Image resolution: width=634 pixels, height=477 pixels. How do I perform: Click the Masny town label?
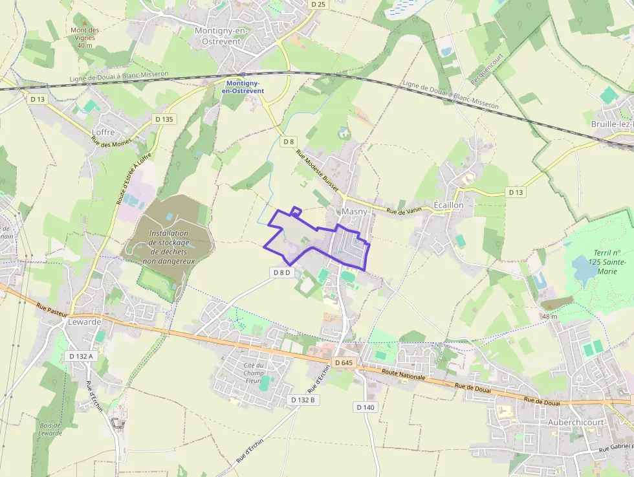[354, 212]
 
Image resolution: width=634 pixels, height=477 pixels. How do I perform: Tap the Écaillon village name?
[448, 205]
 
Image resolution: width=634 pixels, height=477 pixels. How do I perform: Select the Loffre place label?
[104, 132]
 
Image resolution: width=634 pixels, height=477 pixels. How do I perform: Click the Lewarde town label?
[85, 322]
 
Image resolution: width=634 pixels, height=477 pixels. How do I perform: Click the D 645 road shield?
[344, 362]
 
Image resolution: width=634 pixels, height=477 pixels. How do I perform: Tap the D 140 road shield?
[366, 407]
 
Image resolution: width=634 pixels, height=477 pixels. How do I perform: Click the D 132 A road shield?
[81, 356]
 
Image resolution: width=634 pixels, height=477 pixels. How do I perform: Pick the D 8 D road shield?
[282, 272]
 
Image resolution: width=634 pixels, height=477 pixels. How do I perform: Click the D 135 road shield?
[164, 119]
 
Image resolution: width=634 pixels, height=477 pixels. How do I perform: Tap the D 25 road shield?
[318, 4]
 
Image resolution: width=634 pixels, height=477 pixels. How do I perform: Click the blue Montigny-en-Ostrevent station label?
[243, 87]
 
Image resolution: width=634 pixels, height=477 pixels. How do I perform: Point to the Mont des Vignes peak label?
[85, 38]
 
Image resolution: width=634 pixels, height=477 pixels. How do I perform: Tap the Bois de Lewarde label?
[49, 429]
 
